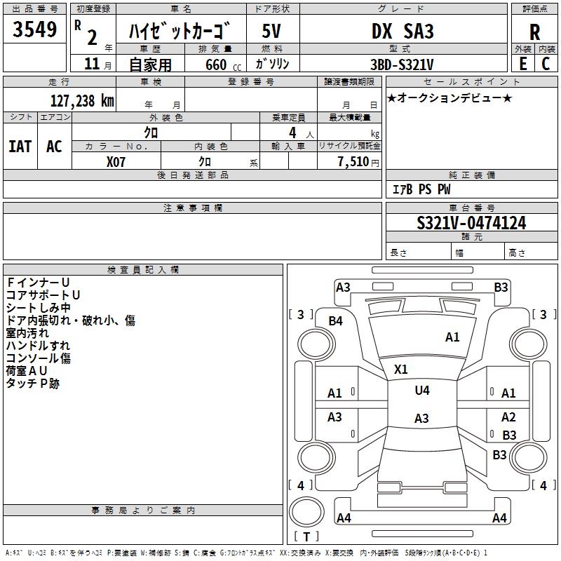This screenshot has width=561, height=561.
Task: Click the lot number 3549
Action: pos(34,29)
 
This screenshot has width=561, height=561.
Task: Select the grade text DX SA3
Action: pos(403,31)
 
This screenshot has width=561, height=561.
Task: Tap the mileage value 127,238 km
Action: pos(82,100)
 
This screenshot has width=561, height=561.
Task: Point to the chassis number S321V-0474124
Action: pos(471,223)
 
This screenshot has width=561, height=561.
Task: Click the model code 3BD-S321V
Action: pos(402,65)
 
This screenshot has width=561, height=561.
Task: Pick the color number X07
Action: pos(116,162)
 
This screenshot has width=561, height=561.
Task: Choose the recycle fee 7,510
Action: pos(353,162)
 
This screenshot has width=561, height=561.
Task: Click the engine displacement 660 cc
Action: pos(223,65)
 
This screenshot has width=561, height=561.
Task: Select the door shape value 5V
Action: pos(271,31)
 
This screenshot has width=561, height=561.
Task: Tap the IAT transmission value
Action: pos(20,147)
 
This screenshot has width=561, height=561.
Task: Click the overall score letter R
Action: pos(534,32)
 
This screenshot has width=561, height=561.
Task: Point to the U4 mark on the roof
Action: pos(422,390)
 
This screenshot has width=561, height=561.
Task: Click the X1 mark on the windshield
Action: pos(400,369)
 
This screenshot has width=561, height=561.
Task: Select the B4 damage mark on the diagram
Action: pos(336,321)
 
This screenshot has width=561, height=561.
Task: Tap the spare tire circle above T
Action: pos(306,512)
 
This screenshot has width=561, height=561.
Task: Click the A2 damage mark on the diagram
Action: pos(508,417)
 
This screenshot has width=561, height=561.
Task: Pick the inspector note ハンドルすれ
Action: pos(38,346)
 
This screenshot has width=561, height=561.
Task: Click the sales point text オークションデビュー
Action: pos(450,97)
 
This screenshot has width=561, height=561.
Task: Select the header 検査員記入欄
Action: pos(143,270)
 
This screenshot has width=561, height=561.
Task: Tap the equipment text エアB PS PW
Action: pos(421,189)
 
